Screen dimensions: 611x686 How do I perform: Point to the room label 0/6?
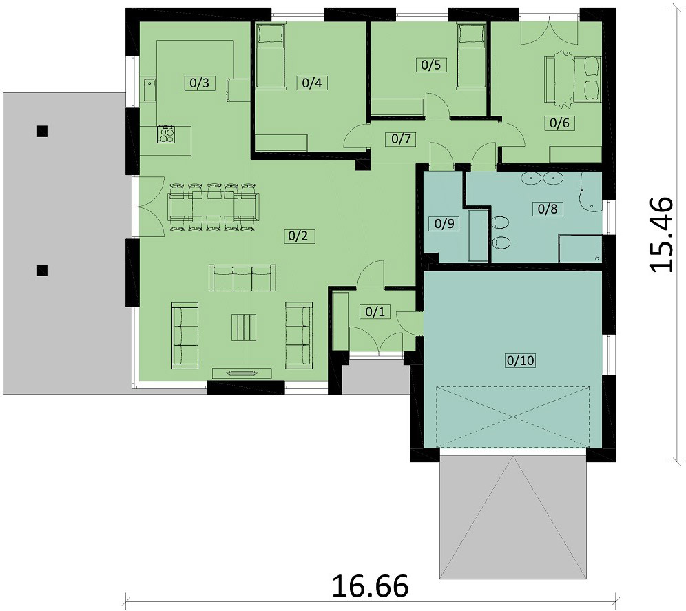556,123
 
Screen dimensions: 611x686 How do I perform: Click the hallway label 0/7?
401,138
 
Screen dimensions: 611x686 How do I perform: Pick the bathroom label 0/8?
548,209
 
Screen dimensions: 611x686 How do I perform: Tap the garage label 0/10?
520,360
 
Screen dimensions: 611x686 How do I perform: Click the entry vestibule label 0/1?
373,312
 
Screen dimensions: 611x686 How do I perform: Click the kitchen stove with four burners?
166,134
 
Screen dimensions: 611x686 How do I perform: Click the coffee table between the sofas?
243,327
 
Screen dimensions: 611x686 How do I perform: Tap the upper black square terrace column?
42,130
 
